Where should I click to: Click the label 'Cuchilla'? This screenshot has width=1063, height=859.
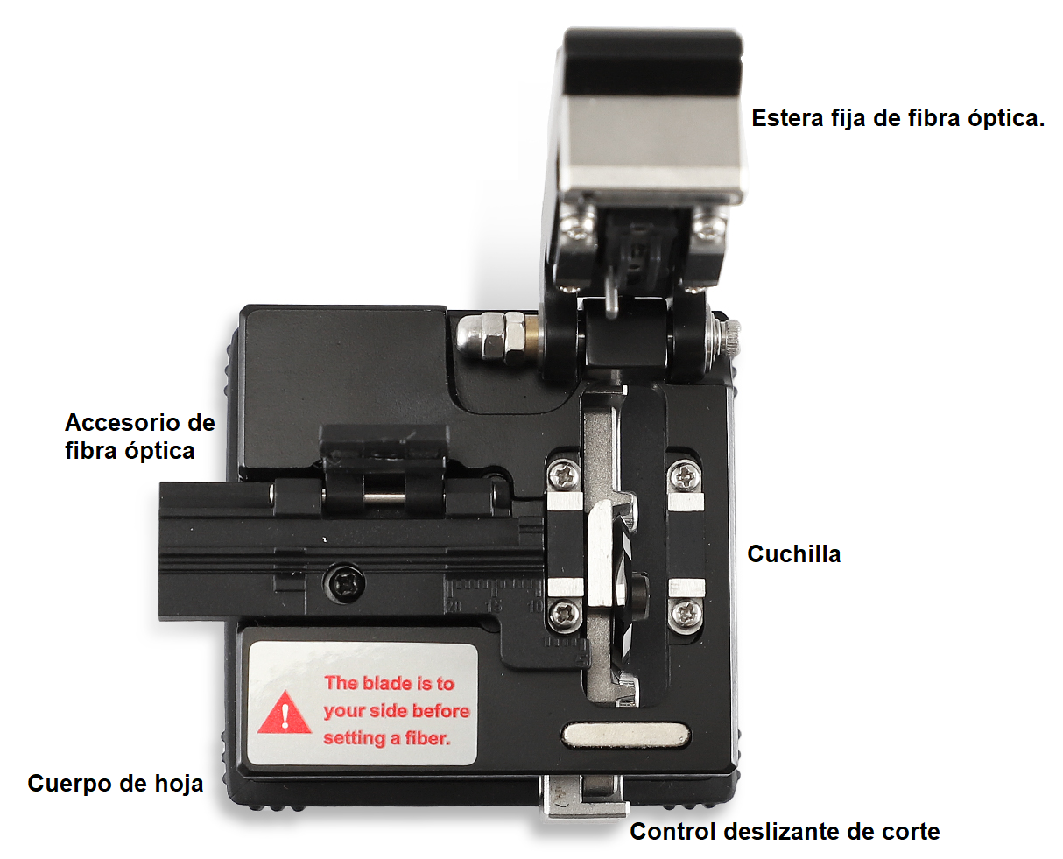point(793,553)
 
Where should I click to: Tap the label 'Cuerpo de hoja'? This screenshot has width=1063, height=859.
point(116,783)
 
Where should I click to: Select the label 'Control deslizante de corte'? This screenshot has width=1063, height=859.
point(785,832)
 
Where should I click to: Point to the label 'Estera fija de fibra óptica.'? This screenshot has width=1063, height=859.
point(898,118)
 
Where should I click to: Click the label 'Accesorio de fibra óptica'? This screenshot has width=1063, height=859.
point(140,436)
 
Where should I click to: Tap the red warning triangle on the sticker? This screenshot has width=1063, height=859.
point(285,713)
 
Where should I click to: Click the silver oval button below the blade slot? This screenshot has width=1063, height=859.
point(625,736)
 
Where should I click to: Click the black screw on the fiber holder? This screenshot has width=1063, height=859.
point(344,583)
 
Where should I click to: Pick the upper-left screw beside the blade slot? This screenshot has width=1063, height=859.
point(564,475)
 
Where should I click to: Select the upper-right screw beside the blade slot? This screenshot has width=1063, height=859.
point(685,476)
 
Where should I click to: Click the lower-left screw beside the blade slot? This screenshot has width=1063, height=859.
point(566,615)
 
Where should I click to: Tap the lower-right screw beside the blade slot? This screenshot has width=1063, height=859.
point(686,614)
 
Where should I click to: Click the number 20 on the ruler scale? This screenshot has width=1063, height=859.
point(454,607)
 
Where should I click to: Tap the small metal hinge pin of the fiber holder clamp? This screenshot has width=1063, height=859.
point(384,497)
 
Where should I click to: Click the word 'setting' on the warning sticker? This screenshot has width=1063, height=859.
point(355,738)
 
